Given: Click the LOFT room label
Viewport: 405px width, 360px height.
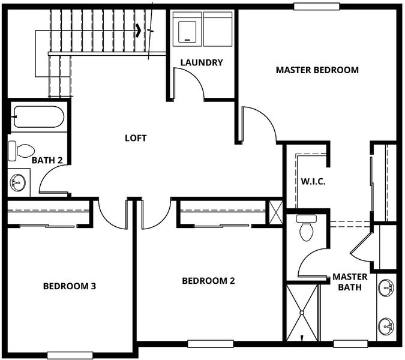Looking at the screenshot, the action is click(136, 138).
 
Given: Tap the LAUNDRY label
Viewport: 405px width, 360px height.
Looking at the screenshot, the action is click(202, 62).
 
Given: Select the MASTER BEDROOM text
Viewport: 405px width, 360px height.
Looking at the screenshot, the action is click(317, 70).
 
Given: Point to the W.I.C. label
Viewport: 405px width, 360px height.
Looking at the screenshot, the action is click(313, 181).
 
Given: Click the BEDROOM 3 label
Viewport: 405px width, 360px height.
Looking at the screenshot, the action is click(70, 286).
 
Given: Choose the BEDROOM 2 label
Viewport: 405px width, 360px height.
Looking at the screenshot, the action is click(208, 281).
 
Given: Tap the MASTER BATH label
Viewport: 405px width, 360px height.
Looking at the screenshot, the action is click(350, 282).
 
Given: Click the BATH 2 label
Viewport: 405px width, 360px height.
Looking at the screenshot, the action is click(47, 160).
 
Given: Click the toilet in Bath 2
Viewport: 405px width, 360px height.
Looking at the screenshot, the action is click(21, 151).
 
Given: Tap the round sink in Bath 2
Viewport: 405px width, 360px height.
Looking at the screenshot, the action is click(18, 182).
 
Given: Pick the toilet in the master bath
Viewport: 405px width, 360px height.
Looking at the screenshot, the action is click(307, 227).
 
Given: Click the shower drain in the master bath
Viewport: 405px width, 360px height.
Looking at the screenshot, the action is click(302, 313).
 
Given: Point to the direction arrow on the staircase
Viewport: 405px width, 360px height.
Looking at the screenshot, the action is click(139, 29).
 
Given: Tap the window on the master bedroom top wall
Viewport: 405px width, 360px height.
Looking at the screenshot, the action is click(317, 7).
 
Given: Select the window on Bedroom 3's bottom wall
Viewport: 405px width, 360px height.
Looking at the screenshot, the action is click(70, 355).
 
